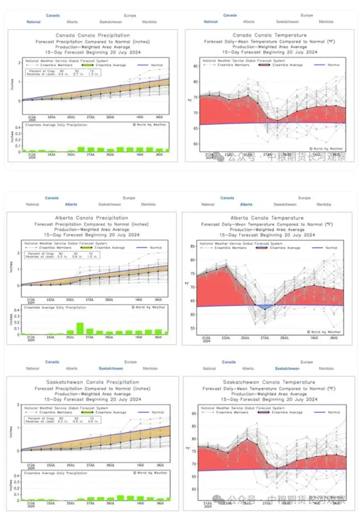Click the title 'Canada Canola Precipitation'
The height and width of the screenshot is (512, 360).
92,35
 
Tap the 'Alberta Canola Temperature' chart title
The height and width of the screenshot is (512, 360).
267,218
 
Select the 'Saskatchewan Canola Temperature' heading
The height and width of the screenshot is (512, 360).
269,382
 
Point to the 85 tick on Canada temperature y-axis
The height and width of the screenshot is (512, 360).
195,66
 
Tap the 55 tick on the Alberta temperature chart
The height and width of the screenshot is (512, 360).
192,328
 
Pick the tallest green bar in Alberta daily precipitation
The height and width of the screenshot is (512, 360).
80,329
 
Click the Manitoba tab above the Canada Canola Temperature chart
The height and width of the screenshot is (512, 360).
326,22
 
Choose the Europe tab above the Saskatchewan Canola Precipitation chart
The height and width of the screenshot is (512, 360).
129,362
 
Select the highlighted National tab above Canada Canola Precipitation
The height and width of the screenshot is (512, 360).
33,22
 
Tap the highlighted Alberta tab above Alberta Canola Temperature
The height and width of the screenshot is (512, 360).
246,204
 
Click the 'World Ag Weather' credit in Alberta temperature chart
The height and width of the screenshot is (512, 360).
326,331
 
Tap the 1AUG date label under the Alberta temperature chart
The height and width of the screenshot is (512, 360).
314,338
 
